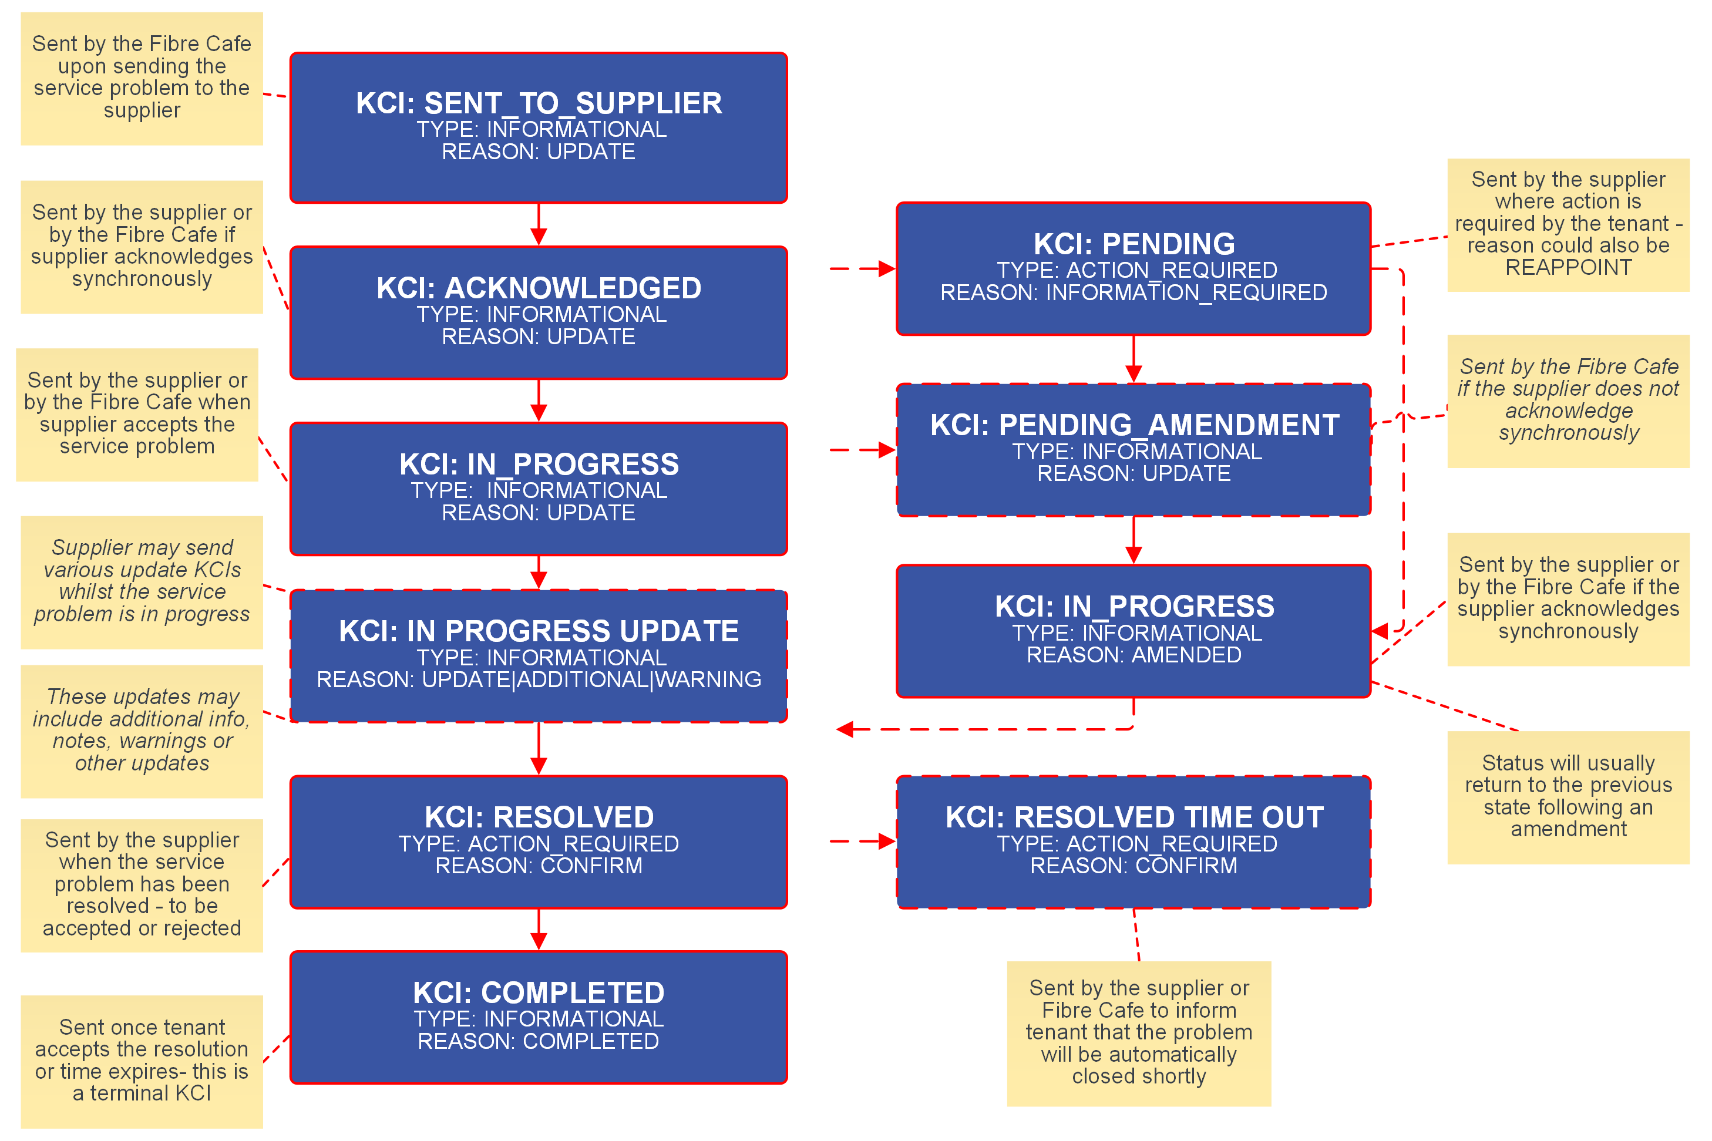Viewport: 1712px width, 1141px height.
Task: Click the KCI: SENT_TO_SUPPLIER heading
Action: click(539, 103)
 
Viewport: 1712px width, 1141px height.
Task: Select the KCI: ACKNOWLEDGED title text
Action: click(539, 288)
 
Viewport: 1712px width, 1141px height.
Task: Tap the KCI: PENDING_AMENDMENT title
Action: click(1134, 425)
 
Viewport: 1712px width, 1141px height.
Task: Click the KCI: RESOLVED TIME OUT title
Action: click(1134, 817)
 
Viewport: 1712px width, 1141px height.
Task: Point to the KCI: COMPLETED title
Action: click(539, 992)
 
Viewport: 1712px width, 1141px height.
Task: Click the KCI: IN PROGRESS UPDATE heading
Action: click(539, 631)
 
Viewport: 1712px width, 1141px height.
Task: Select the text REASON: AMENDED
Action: click(1134, 655)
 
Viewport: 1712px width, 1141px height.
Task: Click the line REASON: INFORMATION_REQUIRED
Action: click(1134, 292)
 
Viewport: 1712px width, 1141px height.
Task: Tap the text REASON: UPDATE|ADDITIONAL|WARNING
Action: click(539, 679)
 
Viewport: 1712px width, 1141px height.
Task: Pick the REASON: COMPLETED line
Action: click(539, 1041)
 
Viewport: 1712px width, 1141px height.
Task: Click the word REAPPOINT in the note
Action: click(1568, 268)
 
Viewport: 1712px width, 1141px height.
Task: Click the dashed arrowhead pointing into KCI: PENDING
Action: click(887, 268)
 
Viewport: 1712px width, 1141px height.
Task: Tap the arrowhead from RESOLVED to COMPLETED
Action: click(539, 941)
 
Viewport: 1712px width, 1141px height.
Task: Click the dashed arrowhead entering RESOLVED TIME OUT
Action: click(887, 841)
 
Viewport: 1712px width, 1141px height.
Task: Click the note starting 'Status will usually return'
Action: click(1568, 796)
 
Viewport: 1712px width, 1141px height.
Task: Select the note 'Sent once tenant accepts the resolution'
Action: click(142, 1060)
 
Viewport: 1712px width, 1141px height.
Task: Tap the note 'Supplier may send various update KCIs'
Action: click(142, 581)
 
